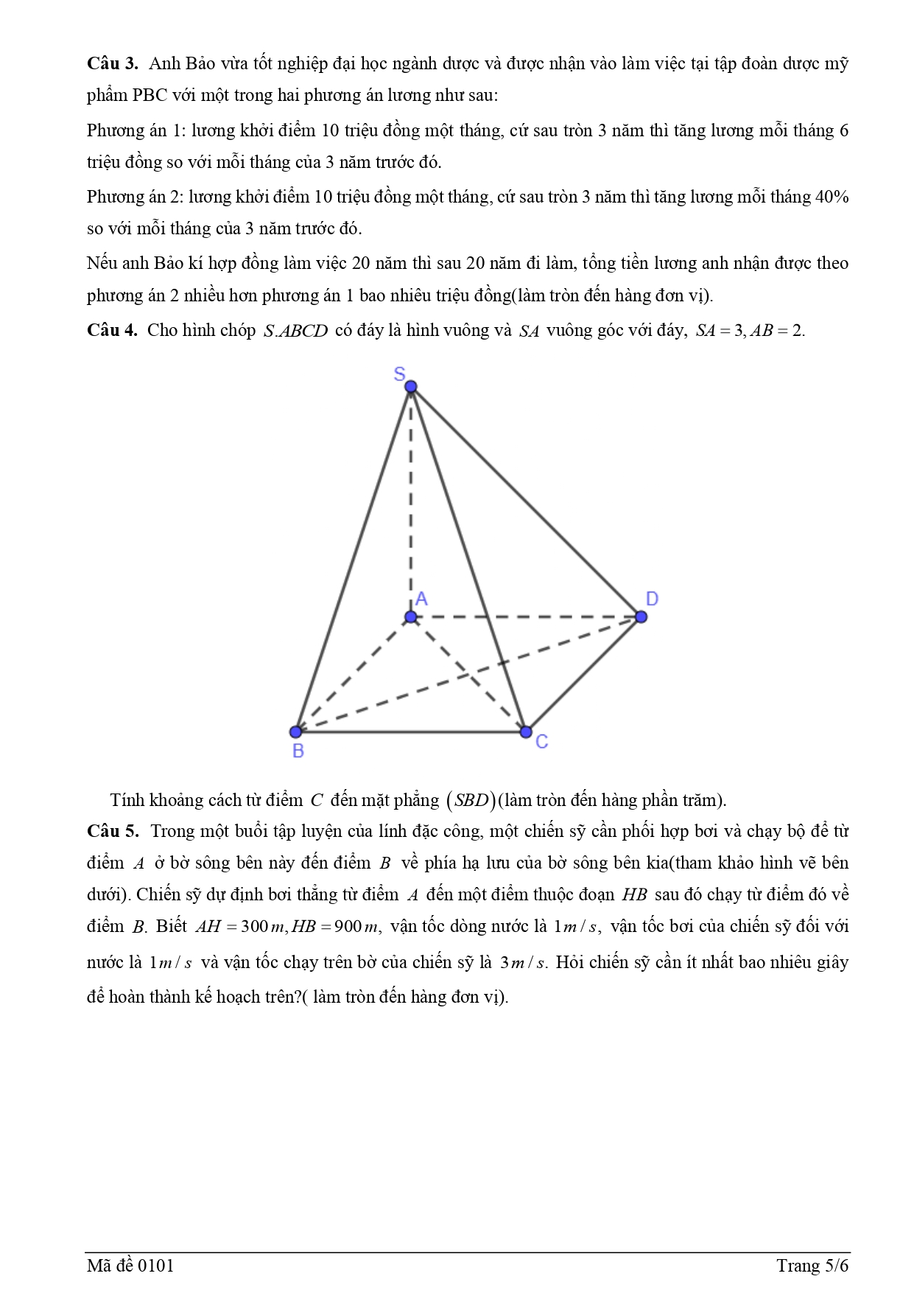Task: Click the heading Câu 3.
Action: (x=112, y=63)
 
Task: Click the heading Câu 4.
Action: (x=112, y=330)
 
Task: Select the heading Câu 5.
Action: (x=112, y=831)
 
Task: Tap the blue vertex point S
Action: (x=411, y=387)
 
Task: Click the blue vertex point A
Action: (x=411, y=617)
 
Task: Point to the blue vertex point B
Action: (x=296, y=732)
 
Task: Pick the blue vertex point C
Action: (x=525, y=732)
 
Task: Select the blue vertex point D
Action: (x=641, y=617)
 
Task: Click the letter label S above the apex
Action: (x=399, y=374)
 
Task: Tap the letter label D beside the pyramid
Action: (x=652, y=599)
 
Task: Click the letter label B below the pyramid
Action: (x=298, y=751)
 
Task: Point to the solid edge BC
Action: (x=410, y=732)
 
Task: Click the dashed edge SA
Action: (x=411, y=501)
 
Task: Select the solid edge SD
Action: (x=526, y=502)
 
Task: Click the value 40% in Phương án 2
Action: (x=832, y=197)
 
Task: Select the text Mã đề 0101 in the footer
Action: (x=130, y=1266)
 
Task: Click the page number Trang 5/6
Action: (x=812, y=1266)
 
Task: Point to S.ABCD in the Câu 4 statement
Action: (x=295, y=331)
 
